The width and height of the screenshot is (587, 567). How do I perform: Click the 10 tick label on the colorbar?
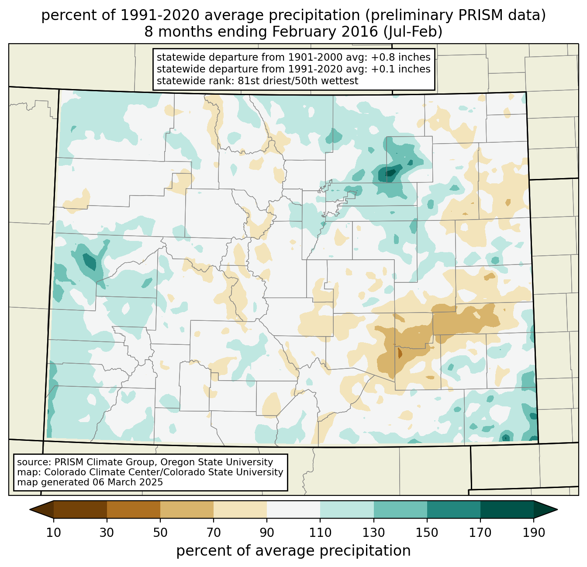click(54, 533)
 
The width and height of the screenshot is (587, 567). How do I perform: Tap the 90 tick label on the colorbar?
click(267, 533)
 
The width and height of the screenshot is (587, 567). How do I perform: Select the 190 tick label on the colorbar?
click(533, 533)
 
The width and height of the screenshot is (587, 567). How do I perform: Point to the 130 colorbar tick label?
click(374, 533)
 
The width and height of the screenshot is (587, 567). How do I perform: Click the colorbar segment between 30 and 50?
click(134, 509)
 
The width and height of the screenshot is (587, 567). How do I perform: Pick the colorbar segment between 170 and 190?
click(507, 509)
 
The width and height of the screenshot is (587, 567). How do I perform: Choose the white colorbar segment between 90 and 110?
click(293, 509)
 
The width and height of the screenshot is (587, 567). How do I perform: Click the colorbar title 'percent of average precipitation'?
click(293, 551)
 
